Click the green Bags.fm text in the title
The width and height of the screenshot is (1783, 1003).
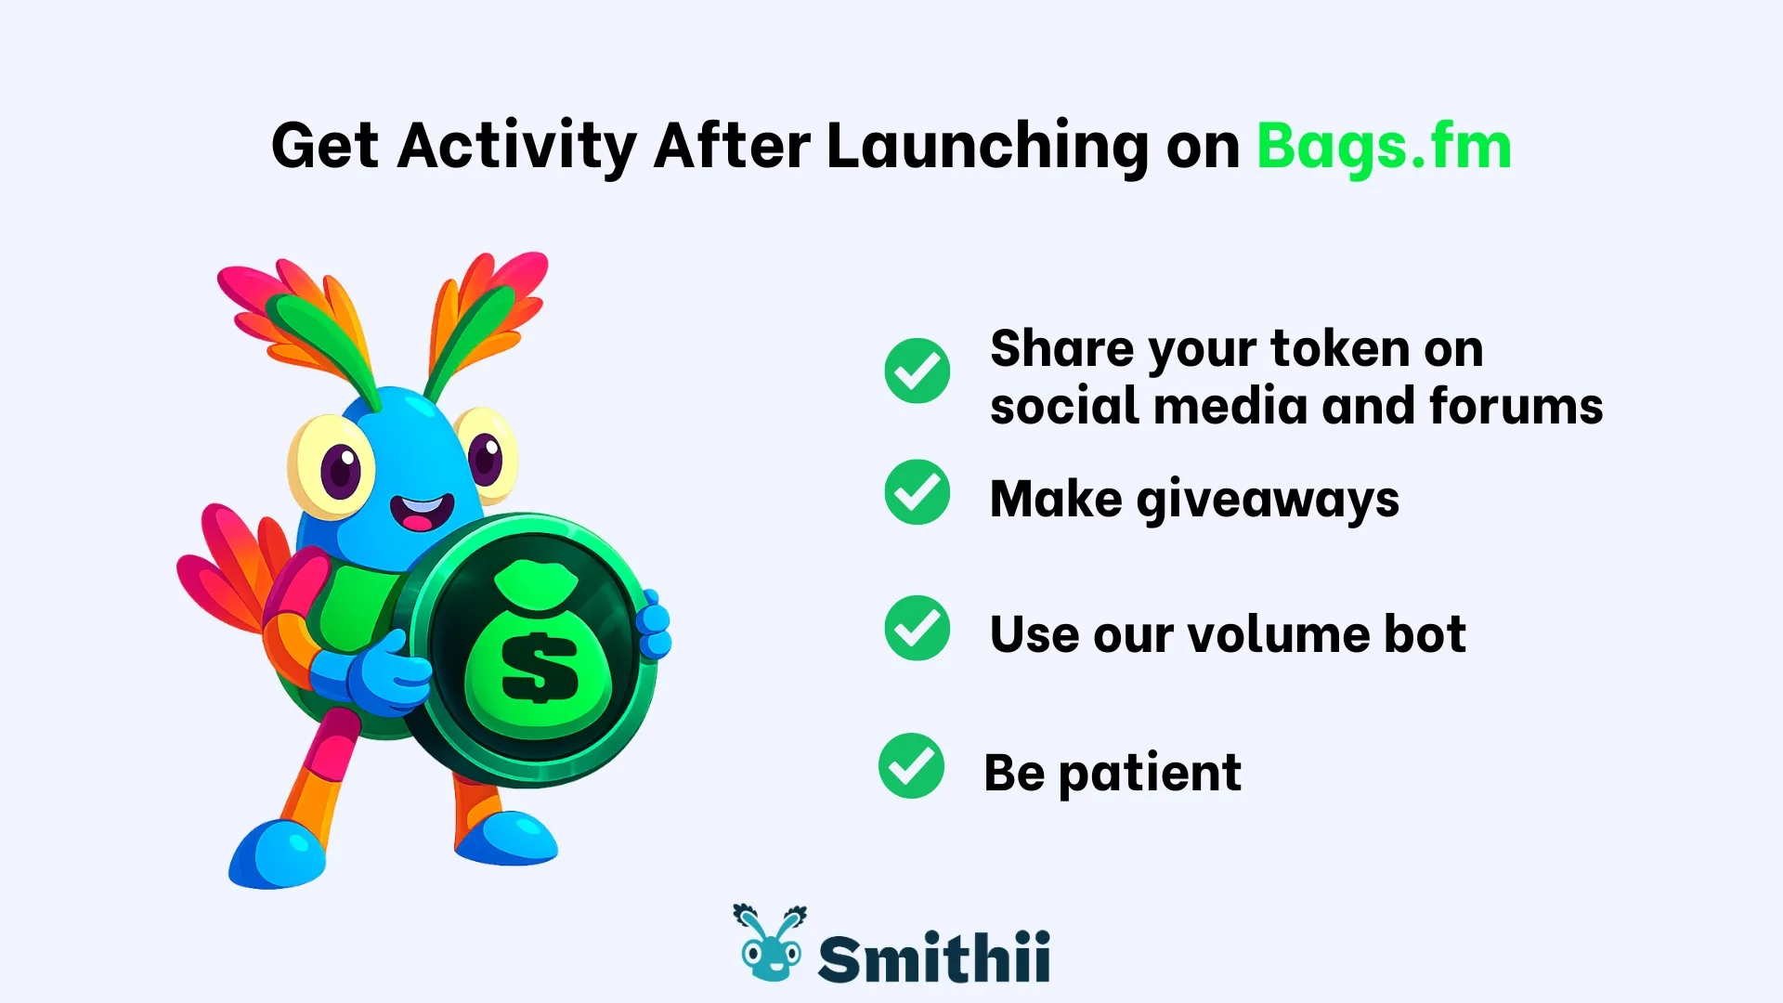pyautogui.click(x=1384, y=147)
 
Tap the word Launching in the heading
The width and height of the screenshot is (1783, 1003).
pyautogui.click(x=987, y=147)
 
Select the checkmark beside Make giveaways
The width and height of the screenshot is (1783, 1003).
pyautogui.click(x=917, y=492)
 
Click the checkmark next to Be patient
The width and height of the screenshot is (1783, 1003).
pyautogui.click(x=911, y=766)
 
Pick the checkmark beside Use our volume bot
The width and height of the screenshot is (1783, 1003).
pyautogui.click(x=917, y=629)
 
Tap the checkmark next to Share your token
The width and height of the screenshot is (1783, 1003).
pyautogui.click(x=917, y=371)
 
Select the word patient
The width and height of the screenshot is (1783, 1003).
pyautogui.click(x=1149, y=773)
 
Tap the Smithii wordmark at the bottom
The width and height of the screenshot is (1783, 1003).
pyautogui.click(x=933, y=957)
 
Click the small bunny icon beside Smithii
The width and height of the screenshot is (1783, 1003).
pyautogui.click(x=770, y=944)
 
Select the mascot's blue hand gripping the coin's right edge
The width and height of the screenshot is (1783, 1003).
pyautogui.click(x=655, y=625)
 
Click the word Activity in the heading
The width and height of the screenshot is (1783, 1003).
pyautogui.click(x=517, y=147)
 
